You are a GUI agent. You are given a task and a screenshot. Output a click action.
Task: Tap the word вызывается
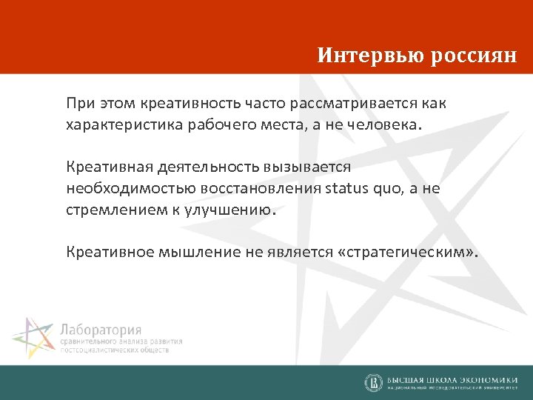point(314,167)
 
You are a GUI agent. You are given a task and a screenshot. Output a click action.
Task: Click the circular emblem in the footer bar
point(374,382)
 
